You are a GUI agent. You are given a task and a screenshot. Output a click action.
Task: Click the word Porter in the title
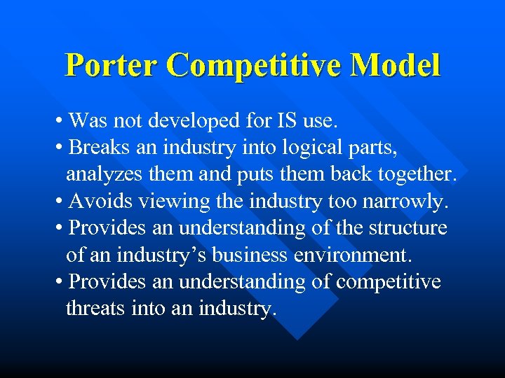pyautogui.click(x=112, y=66)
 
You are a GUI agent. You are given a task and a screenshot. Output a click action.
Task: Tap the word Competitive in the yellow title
pyautogui.click(x=258, y=66)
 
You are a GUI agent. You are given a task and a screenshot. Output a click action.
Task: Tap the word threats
pyautogui.click(x=95, y=309)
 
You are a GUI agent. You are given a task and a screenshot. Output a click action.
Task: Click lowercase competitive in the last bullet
pyautogui.click(x=389, y=282)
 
